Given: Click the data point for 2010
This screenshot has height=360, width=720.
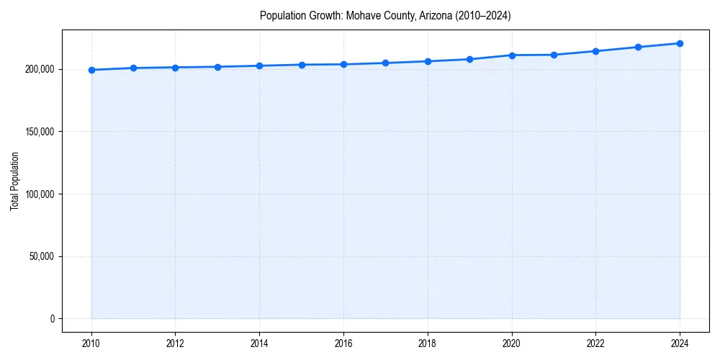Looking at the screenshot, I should click(91, 70).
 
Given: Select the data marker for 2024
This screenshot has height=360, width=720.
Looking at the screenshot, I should click(680, 43).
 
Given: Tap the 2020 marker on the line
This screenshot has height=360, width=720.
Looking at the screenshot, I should click(512, 55).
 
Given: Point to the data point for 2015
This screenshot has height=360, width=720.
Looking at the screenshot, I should click(302, 65).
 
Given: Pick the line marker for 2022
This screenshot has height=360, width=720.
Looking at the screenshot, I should click(595, 51).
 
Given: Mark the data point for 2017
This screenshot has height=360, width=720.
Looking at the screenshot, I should click(386, 63).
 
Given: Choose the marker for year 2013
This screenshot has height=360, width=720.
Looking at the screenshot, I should click(217, 67).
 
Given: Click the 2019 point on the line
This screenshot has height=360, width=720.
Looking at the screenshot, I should click(469, 59).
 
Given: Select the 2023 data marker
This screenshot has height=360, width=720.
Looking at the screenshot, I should click(638, 47).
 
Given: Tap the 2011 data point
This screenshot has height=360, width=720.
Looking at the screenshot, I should click(133, 68).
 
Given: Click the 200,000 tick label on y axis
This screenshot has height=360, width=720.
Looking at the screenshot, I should click(39, 69).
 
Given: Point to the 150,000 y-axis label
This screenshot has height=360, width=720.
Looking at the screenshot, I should click(39, 132).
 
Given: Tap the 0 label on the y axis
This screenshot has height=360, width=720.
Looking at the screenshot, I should click(52, 319).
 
